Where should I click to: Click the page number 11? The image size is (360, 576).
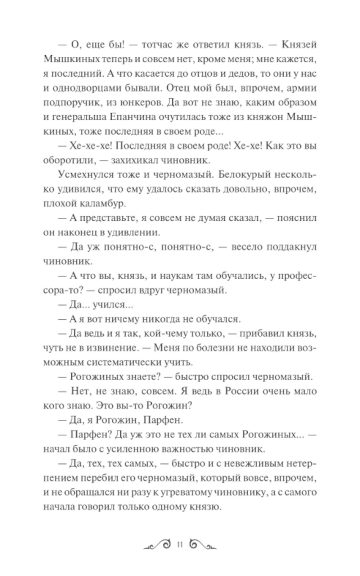[180, 544]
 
